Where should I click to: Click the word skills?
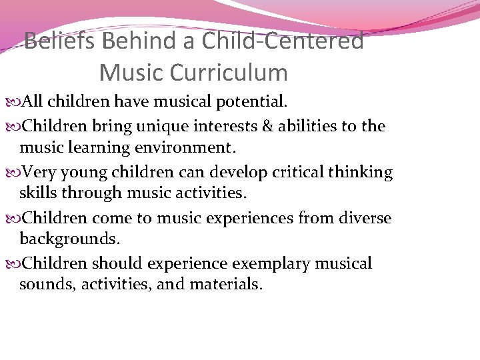[x=39, y=193]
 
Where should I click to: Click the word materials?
[x=226, y=285]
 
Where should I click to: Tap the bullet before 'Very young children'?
[x=16, y=173]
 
